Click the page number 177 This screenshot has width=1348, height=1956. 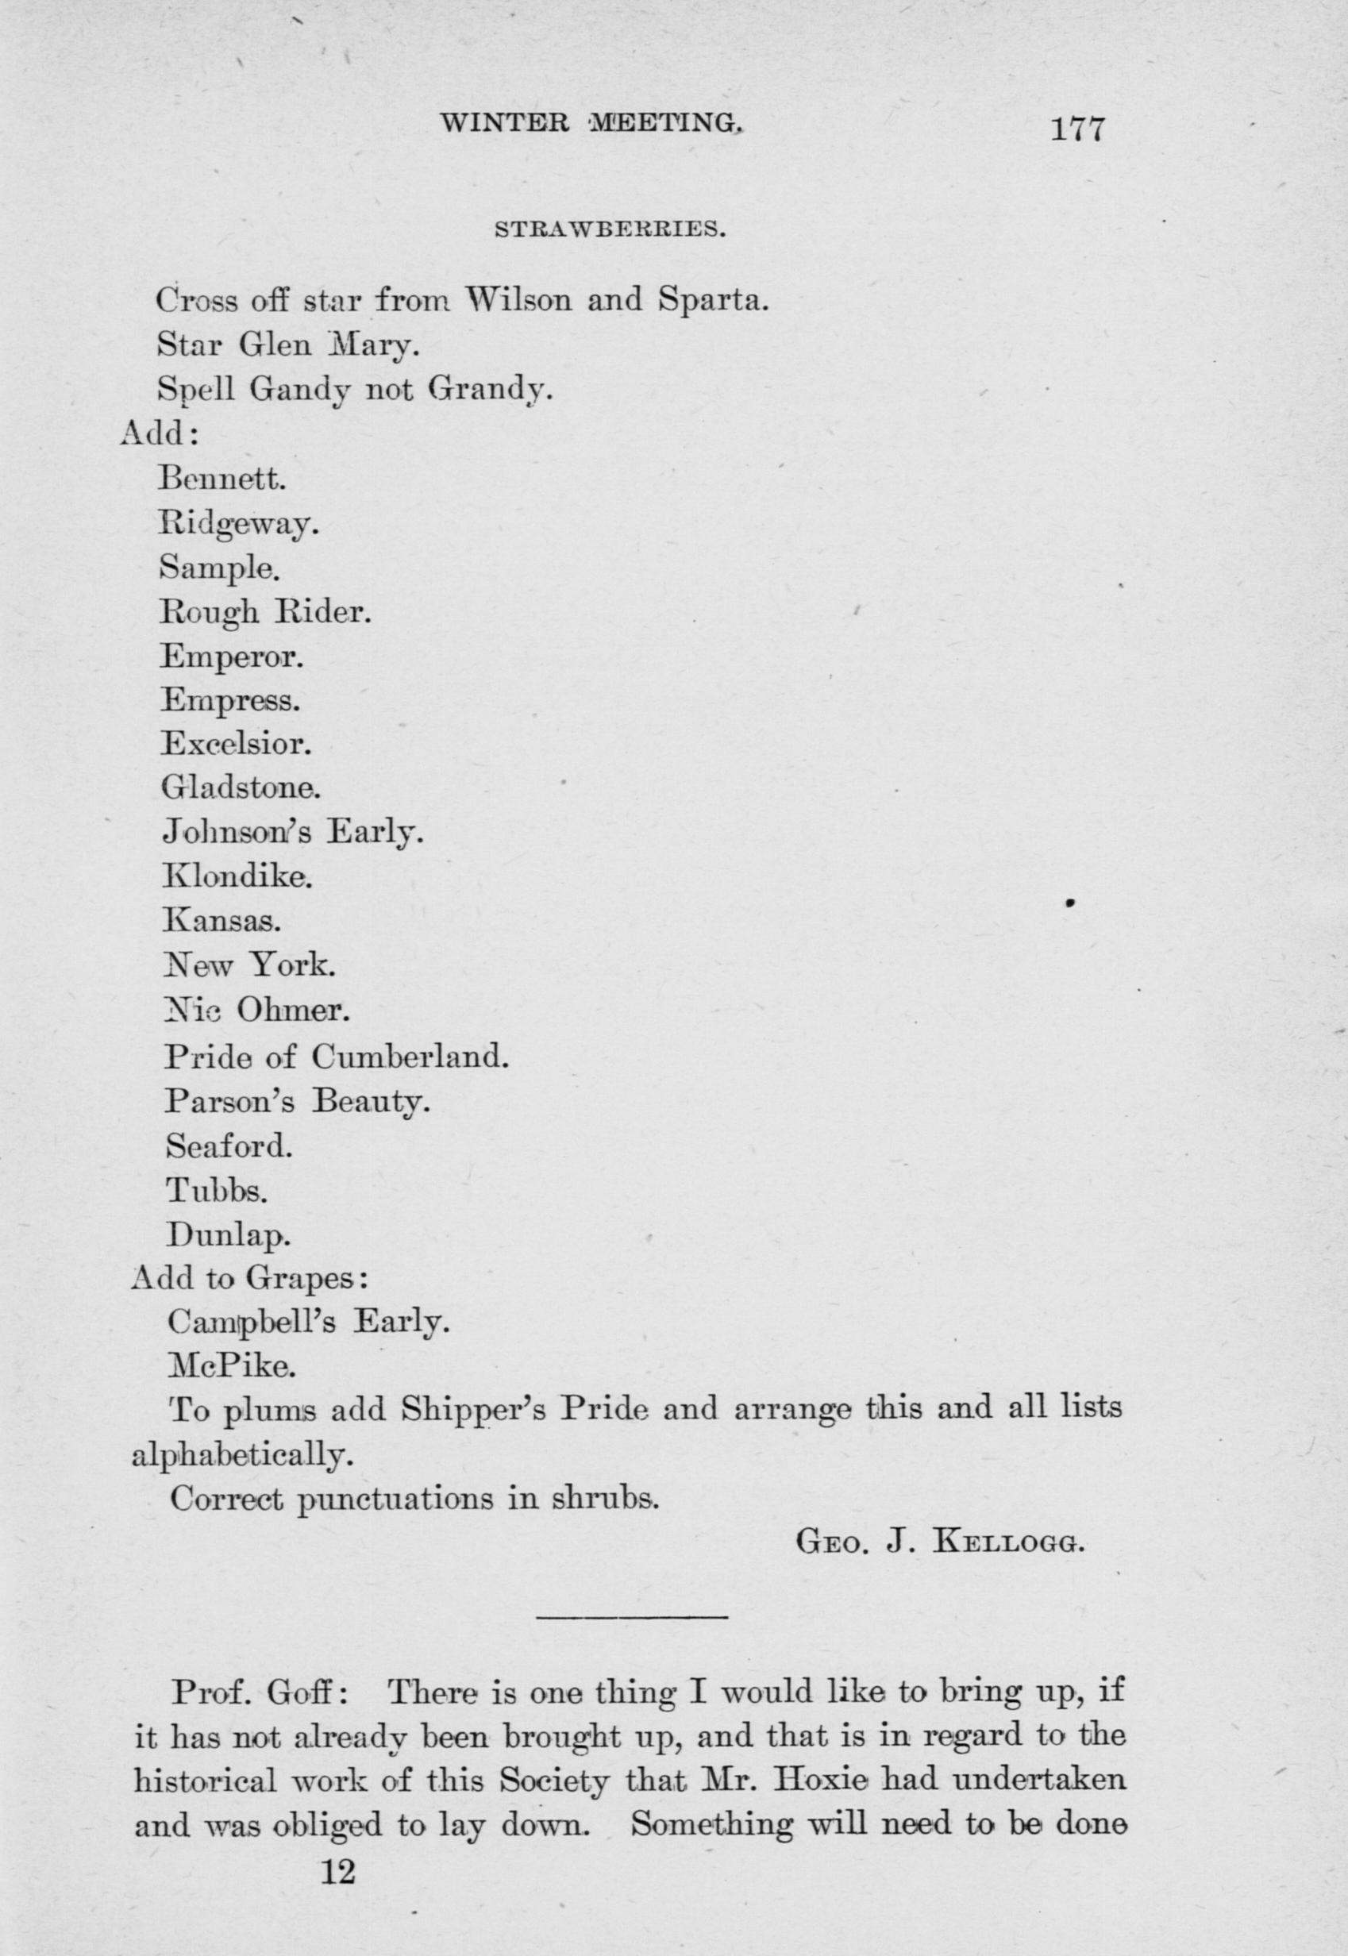(1076, 131)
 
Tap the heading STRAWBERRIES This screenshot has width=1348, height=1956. (610, 229)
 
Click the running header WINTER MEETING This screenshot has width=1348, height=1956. (591, 124)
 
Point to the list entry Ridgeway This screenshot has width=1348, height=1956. (239, 526)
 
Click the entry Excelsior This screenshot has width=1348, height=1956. (237, 743)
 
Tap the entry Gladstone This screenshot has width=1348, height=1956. (241, 788)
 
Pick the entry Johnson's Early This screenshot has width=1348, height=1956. (291, 834)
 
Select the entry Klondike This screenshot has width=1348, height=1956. (237, 877)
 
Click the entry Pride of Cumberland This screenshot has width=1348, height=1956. (337, 1056)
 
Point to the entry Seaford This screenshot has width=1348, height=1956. (229, 1145)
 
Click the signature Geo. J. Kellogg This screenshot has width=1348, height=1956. (939, 1543)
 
